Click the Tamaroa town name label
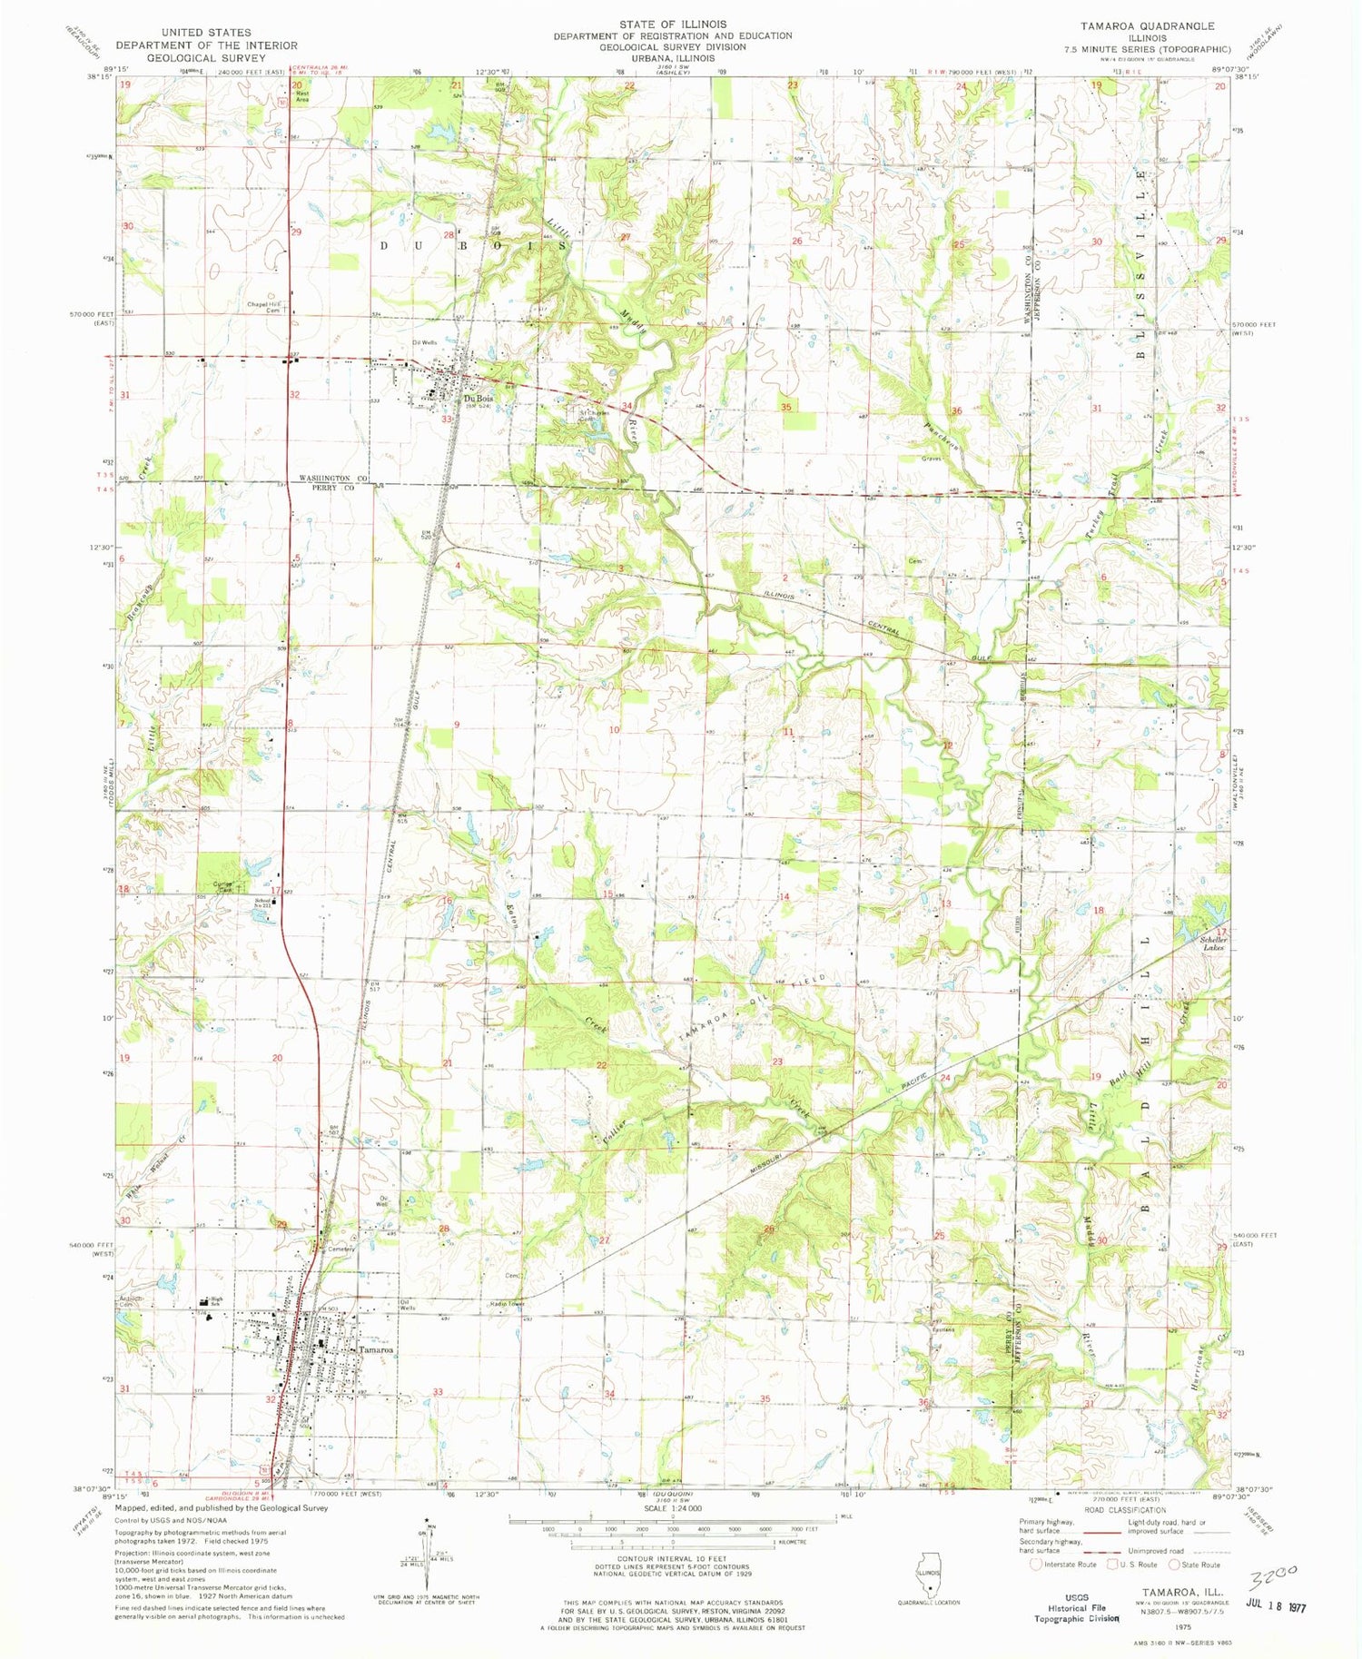pyautogui.click(x=376, y=1350)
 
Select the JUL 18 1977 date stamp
pyautogui.click(x=1271, y=1607)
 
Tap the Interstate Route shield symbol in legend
pyautogui.click(x=1037, y=1565)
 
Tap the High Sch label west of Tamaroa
pyautogui.click(x=216, y=1299)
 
